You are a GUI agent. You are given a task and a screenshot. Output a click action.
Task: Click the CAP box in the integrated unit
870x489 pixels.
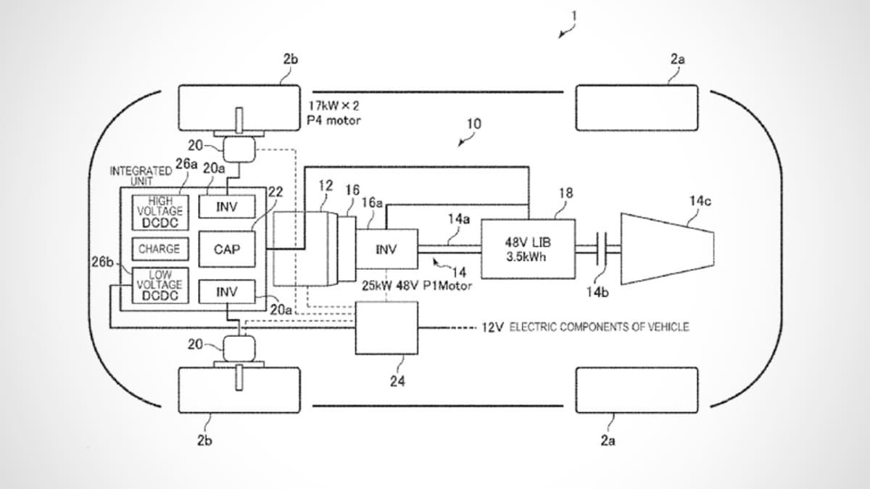[x=227, y=249]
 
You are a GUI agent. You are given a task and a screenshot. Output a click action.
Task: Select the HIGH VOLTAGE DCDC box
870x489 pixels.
[x=160, y=213]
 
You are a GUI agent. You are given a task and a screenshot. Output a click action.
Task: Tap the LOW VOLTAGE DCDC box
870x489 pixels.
[x=160, y=285]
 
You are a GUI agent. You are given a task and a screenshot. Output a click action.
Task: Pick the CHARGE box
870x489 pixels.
[x=160, y=249]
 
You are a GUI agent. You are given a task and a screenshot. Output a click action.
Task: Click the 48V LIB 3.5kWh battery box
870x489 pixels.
[x=529, y=249]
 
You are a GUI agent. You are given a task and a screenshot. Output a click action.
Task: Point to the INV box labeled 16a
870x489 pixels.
[x=387, y=249]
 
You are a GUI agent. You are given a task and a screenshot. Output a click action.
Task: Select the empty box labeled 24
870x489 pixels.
[x=387, y=328]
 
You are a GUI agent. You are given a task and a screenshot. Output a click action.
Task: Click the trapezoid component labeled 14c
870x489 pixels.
[x=667, y=249]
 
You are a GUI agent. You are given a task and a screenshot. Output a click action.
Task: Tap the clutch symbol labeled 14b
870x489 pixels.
[x=602, y=249]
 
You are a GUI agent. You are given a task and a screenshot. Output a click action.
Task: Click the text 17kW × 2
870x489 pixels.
[x=334, y=105]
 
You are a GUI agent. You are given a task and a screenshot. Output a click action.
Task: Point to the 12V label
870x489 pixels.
[x=492, y=327]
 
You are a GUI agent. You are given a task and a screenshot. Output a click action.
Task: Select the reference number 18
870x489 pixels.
[x=566, y=193]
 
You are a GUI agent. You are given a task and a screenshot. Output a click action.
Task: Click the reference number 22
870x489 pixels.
[x=275, y=192]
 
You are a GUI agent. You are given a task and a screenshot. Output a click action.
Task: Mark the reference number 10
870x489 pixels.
[x=474, y=123]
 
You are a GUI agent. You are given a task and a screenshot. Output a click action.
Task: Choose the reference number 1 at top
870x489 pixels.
[x=574, y=17]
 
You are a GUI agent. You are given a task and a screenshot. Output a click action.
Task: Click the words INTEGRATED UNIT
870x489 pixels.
[x=141, y=176]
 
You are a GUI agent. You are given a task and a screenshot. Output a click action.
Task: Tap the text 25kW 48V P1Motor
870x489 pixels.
[x=417, y=286]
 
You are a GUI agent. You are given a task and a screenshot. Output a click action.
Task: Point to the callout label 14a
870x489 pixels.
[x=459, y=219]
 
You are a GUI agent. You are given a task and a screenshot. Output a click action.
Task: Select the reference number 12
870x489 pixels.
[x=326, y=186]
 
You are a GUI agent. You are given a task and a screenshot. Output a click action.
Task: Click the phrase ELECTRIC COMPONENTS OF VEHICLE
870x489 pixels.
[x=600, y=327]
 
